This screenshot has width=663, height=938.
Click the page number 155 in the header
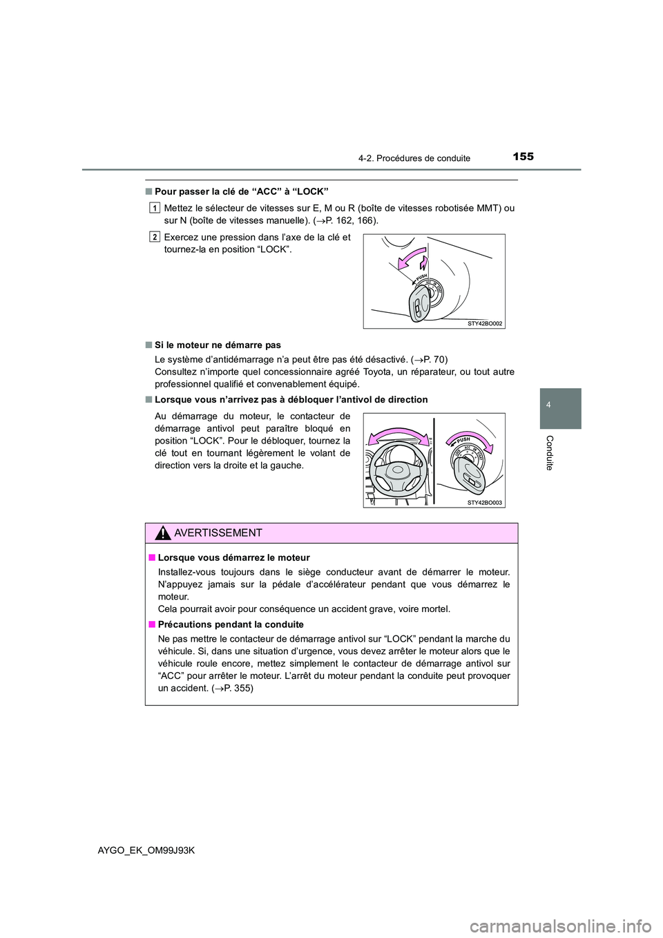point(523,157)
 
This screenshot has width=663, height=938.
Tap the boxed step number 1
point(155,207)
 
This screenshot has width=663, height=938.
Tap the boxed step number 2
point(155,237)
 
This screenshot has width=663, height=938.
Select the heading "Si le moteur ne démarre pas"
point(218,345)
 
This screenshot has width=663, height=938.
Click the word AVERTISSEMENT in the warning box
point(218,533)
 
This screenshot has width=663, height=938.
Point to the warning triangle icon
point(163,533)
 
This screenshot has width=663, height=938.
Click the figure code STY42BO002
point(485,323)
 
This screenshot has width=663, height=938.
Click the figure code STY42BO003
point(485,503)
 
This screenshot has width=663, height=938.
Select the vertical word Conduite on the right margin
point(550,452)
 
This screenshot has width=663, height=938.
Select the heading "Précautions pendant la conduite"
point(231,624)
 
